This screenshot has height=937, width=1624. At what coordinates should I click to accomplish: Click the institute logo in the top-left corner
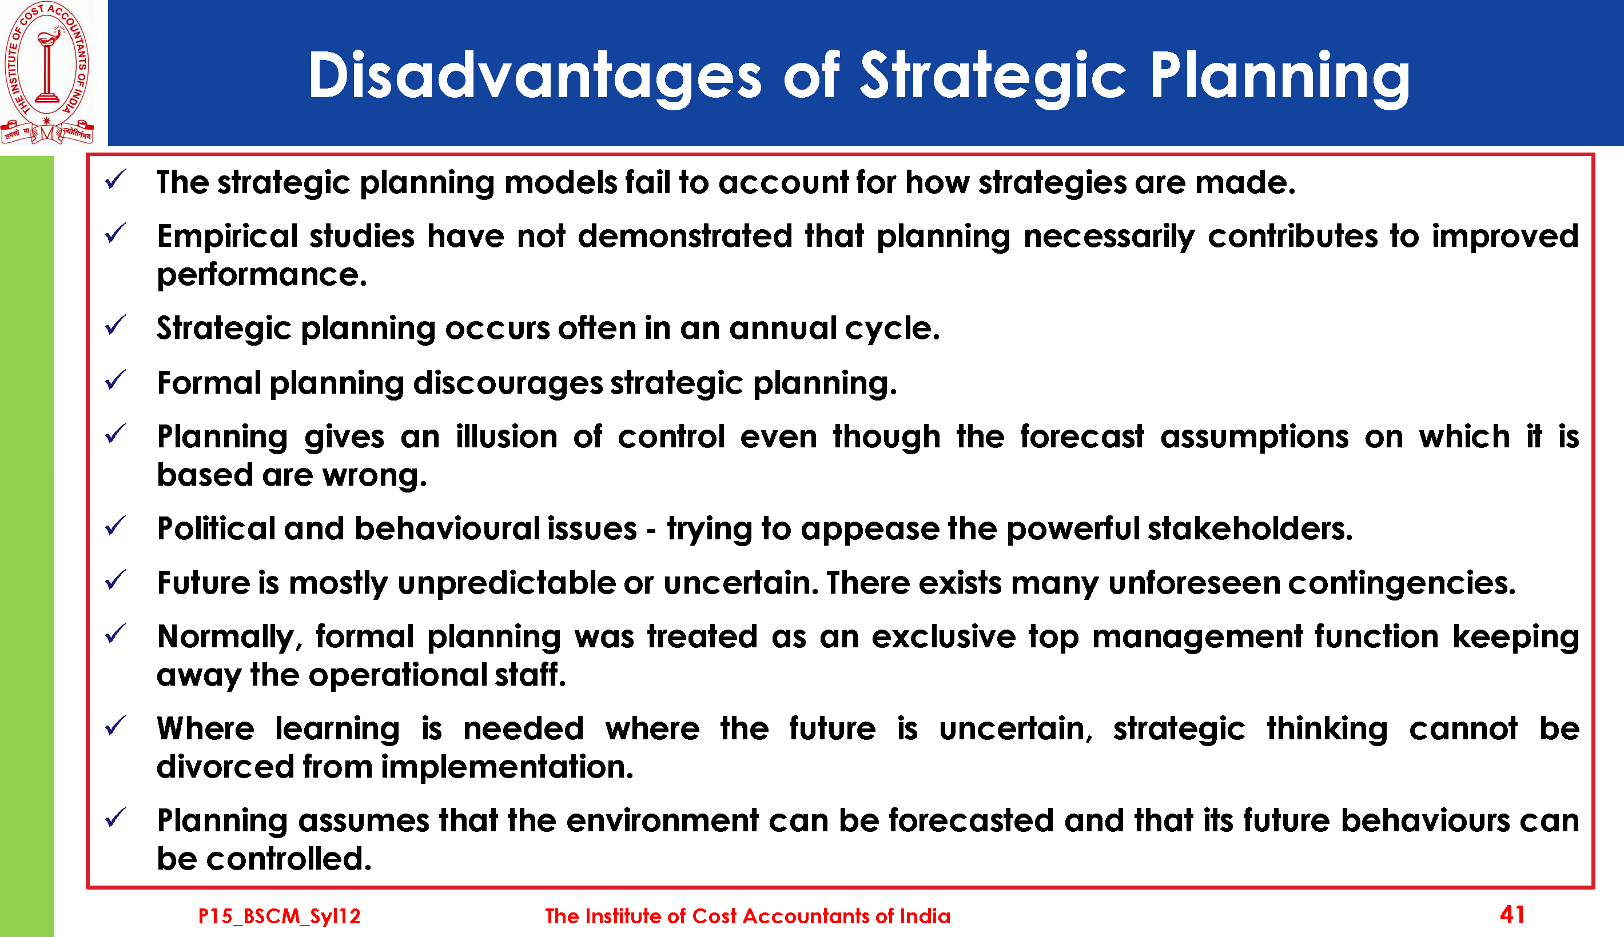click(47, 72)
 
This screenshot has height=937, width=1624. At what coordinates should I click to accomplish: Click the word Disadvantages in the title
click(535, 76)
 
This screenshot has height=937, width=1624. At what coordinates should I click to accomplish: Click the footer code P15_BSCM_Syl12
click(279, 916)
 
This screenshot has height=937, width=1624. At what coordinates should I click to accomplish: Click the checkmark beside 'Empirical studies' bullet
click(116, 233)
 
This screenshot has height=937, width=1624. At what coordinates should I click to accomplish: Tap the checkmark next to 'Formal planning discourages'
click(116, 380)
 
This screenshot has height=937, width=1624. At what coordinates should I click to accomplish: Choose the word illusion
click(507, 437)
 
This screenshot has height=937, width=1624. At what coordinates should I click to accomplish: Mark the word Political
click(216, 528)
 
